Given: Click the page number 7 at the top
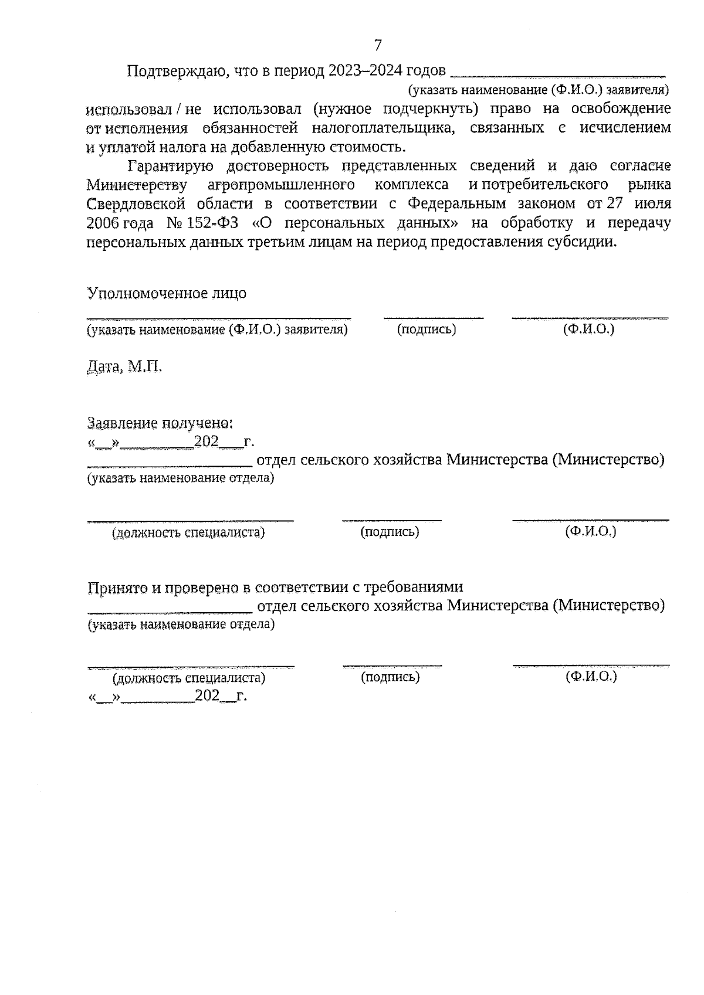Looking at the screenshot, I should (377, 45).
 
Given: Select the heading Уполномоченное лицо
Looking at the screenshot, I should (167, 293).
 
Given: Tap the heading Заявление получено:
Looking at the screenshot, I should (160, 423).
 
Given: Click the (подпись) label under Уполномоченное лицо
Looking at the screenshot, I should (427, 330).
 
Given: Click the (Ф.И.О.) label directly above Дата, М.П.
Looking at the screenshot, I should (588, 330).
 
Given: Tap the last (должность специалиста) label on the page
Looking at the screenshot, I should (189, 678).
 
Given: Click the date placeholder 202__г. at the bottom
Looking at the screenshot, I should (221, 696).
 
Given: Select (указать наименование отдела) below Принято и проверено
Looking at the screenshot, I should (181, 624).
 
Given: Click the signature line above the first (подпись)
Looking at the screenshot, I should (434, 317).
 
